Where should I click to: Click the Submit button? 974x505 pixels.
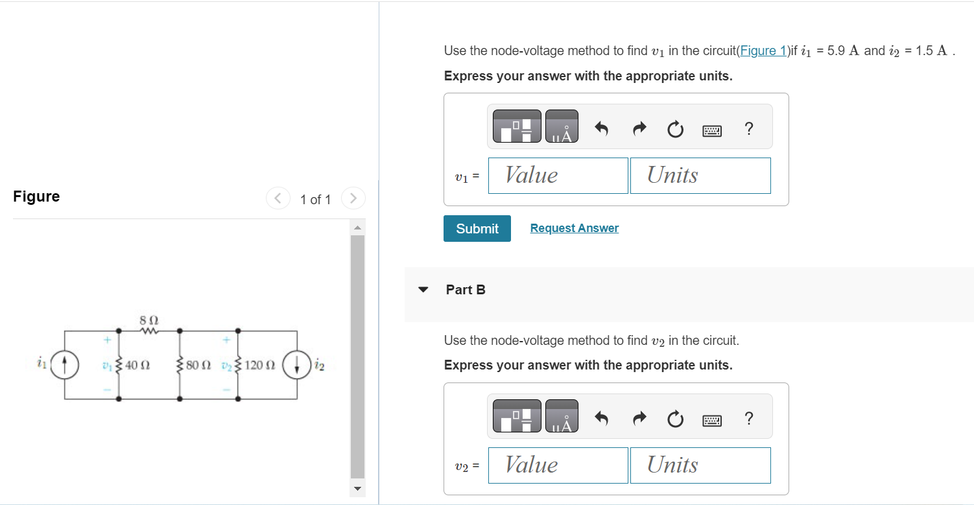tap(477, 229)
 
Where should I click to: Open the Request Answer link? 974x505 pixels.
tap(574, 228)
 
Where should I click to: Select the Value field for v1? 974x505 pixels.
tap(558, 176)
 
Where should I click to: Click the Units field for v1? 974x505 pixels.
tap(700, 176)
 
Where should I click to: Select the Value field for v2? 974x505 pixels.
tap(558, 465)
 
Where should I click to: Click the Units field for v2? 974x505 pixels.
tap(700, 465)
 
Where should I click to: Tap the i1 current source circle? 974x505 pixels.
tap(65, 365)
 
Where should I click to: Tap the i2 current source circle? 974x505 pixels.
tap(298, 365)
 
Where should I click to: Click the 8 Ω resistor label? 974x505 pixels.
tap(149, 320)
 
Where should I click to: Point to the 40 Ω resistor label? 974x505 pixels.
tap(137, 366)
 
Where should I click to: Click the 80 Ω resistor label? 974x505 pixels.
tap(198, 366)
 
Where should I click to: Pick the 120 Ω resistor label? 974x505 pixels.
tap(261, 366)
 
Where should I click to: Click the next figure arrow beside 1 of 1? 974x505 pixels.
tap(353, 198)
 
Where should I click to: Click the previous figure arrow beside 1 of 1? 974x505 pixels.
tap(278, 198)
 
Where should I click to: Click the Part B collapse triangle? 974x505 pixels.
tap(423, 290)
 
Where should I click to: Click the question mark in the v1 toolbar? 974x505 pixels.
tap(749, 129)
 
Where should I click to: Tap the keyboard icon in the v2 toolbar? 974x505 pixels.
tap(712, 421)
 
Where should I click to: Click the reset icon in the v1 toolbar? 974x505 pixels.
tap(674, 130)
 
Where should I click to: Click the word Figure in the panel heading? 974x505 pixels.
tap(36, 197)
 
